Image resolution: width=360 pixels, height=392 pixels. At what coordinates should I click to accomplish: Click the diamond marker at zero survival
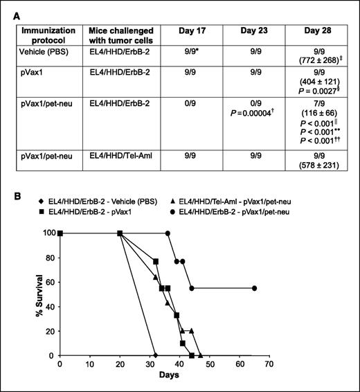click(x=155, y=355)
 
